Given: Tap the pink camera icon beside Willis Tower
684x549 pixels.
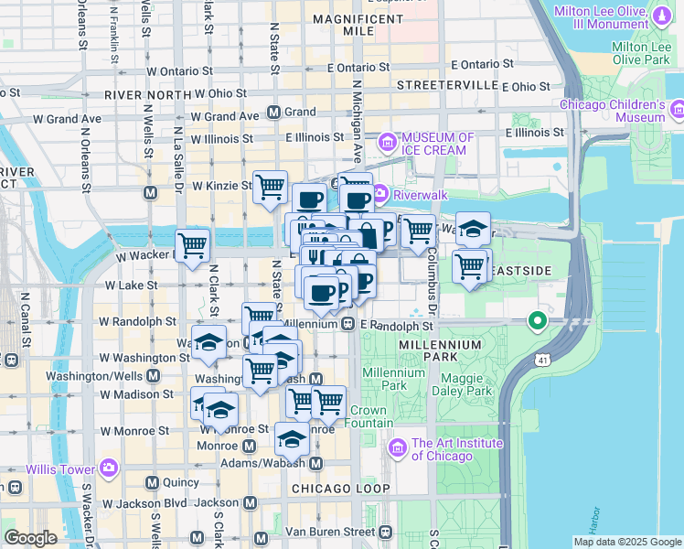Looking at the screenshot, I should tap(109, 468).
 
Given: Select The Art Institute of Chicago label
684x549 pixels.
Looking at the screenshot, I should tap(456, 448).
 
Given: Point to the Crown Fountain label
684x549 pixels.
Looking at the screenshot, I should tap(369, 417).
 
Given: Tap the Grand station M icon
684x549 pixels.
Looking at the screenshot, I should tap(273, 113).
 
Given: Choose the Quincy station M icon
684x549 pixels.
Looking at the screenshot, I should tap(151, 482).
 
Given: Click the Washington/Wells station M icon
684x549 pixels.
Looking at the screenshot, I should tap(152, 376).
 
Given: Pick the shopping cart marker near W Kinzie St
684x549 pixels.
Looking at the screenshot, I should tap(270, 187).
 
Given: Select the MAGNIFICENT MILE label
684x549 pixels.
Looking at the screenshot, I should tap(343, 25).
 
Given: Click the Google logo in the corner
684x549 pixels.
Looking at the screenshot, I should tap(30, 538).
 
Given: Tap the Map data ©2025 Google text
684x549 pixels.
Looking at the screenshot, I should tap(626, 541).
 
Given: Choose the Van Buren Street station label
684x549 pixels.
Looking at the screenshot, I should tap(330, 532).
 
